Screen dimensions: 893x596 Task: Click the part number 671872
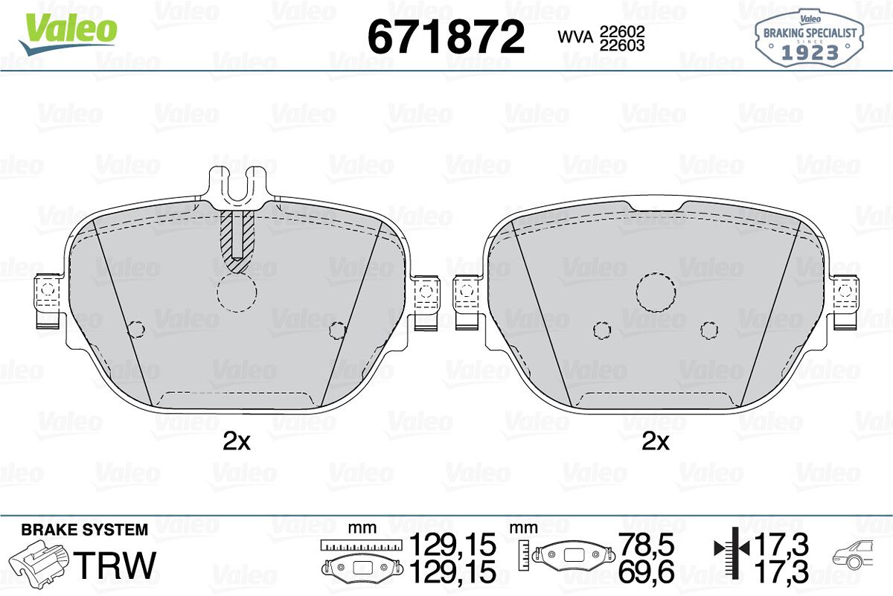click(x=446, y=36)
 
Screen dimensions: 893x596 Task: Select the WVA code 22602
click(x=622, y=31)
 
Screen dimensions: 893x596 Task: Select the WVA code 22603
click(x=622, y=45)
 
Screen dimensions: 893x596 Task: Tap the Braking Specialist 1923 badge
click(x=810, y=39)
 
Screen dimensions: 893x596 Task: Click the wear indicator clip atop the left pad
click(x=237, y=187)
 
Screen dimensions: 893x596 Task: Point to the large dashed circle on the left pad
click(x=237, y=292)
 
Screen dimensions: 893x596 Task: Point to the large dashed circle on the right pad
click(x=656, y=292)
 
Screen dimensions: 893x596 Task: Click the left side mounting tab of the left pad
click(x=48, y=301)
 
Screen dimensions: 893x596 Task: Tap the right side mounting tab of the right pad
click(x=845, y=303)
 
